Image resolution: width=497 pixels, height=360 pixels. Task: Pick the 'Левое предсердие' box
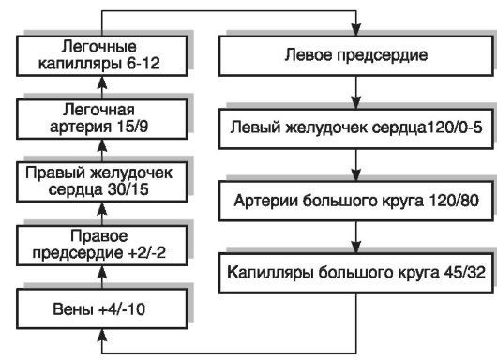(355, 56)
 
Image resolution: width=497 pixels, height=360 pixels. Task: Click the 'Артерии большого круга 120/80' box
(355, 200)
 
